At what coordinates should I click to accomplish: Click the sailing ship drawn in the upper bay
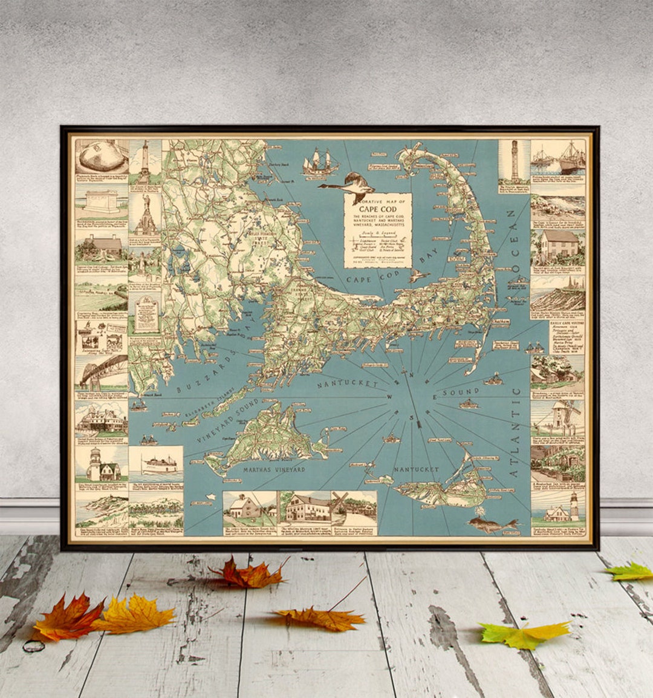[320, 162]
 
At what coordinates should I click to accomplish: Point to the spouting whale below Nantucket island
[493, 524]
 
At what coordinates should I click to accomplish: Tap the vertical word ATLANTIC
[515, 433]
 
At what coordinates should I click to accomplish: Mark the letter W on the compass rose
[389, 397]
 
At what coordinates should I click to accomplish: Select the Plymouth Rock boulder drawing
[101, 156]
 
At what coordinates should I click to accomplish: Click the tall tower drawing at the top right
[515, 160]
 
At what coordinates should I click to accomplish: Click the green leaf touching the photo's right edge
[632, 571]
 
